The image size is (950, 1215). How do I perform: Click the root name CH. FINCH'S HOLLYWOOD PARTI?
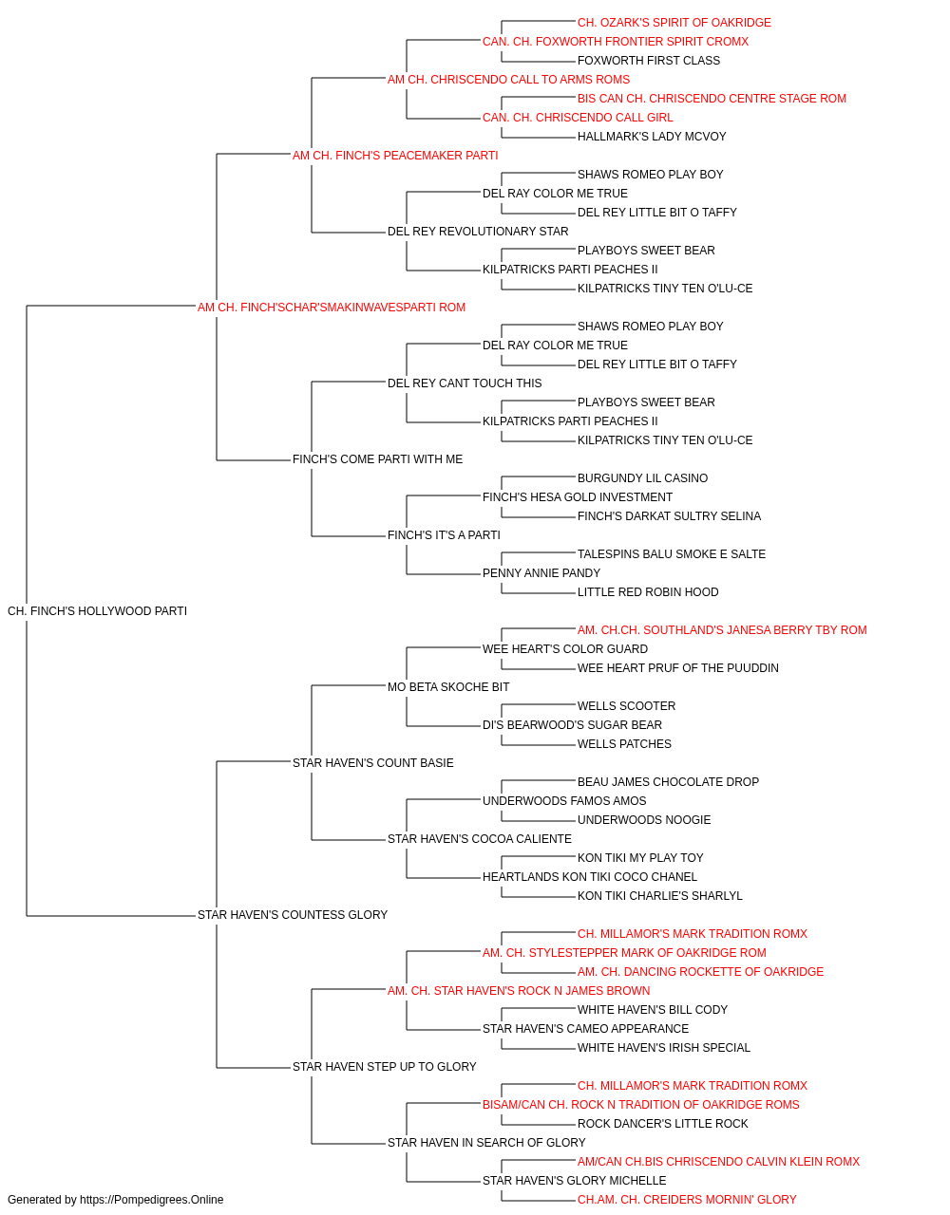click(97, 611)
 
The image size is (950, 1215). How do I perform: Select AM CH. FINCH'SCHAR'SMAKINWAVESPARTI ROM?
click(332, 308)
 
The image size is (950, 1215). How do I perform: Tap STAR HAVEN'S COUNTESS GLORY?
click(292, 915)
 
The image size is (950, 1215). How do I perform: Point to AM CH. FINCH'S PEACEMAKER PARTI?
click(395, 156)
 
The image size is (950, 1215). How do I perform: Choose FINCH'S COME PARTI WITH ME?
click(378, 459)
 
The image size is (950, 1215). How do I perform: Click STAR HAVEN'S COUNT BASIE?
click(373, 762)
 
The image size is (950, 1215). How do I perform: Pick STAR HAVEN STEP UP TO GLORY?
click(385, 1067)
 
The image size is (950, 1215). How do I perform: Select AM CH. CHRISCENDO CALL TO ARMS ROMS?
click(508, 80)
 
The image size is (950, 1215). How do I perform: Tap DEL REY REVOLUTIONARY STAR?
click(478, 232)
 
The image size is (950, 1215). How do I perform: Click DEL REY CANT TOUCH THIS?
click(465, 383)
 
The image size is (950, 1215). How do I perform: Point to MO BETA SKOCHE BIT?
click(448, 687)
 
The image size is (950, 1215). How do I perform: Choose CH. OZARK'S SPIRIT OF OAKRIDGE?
click(674, 23)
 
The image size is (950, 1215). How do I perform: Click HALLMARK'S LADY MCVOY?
click(652, 137)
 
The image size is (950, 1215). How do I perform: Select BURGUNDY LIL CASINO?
click(642, 478)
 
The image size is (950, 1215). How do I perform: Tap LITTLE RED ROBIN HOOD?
click(648, 592)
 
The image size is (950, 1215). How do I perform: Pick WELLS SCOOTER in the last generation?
click(627, 706)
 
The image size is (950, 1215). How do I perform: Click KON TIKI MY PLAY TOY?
click(640, 858)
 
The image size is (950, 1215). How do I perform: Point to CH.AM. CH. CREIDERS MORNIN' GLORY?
click(687, 1200)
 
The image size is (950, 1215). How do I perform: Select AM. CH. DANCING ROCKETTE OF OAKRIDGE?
click(700, 972)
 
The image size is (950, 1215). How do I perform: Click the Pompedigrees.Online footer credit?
click(115, 1200)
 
